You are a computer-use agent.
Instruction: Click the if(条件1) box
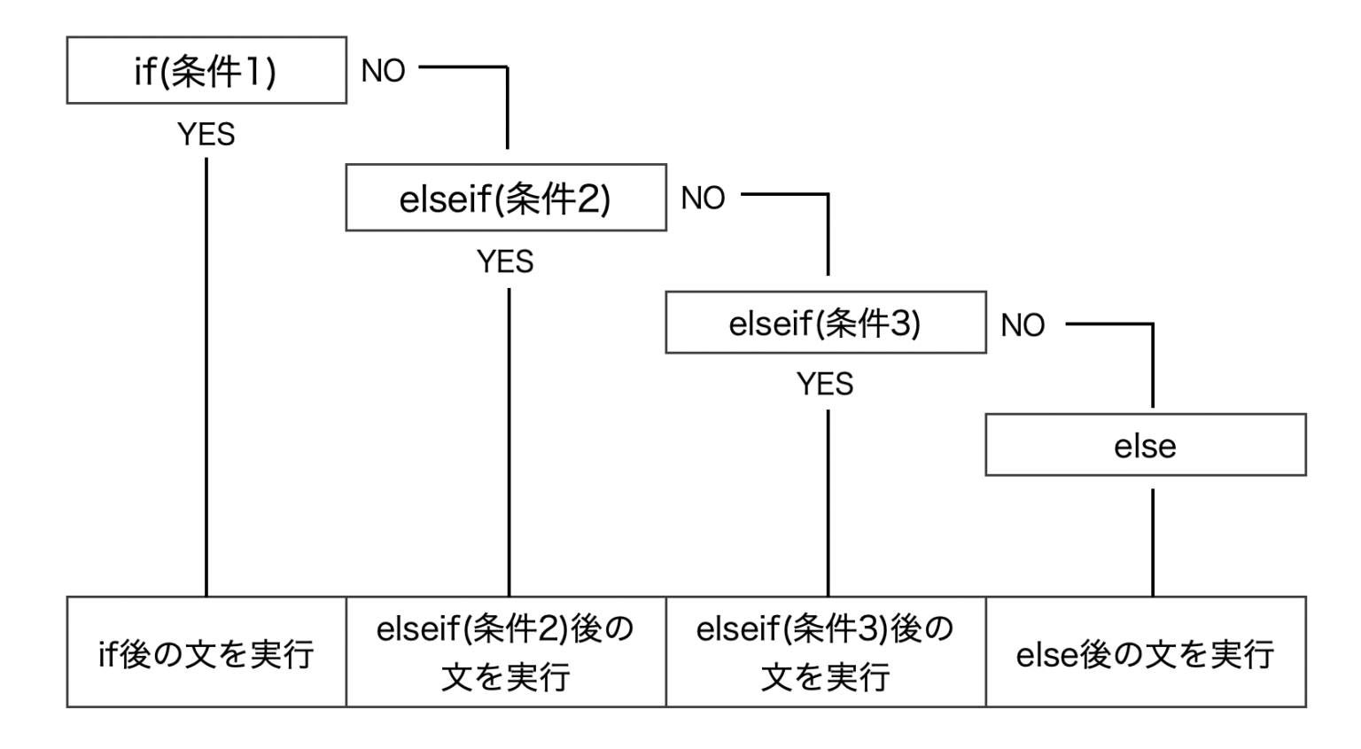pyautogui.click(x=206, y=70)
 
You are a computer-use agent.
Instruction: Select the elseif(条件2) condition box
pyautogui.click(x=506, y=198)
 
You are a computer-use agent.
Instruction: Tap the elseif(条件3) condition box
pyautogui.click(x=826, y=323)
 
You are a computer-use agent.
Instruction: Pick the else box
pyautogui.click(x=1146, y=444)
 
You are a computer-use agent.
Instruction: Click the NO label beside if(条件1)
pyautogui.click(x=383, y=71)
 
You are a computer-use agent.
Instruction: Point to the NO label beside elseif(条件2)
pyautogui.click(x=703, y=199)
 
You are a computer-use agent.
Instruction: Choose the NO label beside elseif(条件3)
pyautogui.click(x=1023, y=325)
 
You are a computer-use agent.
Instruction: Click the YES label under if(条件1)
pyautogui.click(x=206, y=135)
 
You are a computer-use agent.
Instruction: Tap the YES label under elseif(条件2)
pyautogui.click(x=506, y=261)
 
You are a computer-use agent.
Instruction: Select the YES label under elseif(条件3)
pyautogui.click(x=825, y=384)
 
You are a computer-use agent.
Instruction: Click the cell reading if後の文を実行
pyautogui.click(x=206, y=651)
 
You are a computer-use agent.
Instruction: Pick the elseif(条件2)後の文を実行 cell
pyautogui.click(x=506, y=651)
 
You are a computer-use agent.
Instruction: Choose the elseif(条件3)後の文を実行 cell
pyautogui.click(x=826, y=651)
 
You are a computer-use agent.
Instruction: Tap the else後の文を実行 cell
pyautogui.click(x=1146, y=651)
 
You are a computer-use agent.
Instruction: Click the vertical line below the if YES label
pyautogui.click(x=206, y=377)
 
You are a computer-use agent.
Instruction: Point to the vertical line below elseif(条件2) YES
pyautogui.click(x=509, y=442)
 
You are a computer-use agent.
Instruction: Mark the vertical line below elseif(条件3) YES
pyautogui.click(x=828, y=503)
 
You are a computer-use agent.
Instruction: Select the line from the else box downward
pyautogui.click(x=1153, y=542)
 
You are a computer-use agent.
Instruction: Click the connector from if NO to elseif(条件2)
pyautogui.click(x=508, y=67)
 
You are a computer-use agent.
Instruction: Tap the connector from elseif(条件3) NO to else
pyautogui.click(x=1153, y=324)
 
